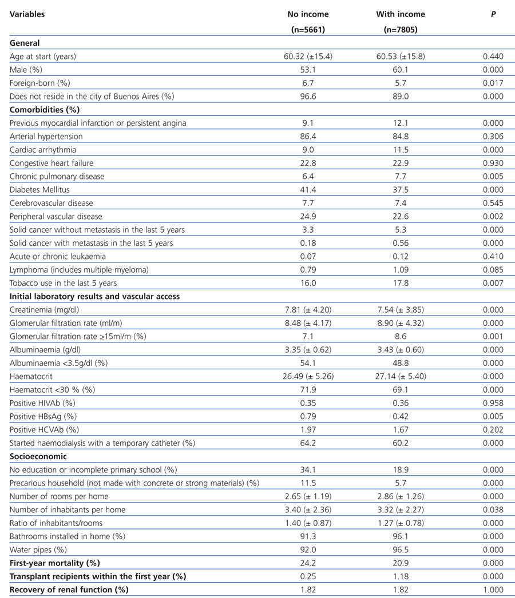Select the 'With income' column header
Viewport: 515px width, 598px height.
(401, 14)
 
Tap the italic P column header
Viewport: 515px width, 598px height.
(493, 14)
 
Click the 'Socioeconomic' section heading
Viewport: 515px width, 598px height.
(38, 457)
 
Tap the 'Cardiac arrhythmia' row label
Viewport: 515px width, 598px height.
(43, 150)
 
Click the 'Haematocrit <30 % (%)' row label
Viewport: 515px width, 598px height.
(53, 389)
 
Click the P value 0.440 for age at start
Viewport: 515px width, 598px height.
(493, 57)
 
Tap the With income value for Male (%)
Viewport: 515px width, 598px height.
(401, 70)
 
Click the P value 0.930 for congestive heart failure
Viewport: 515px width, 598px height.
(493, 163)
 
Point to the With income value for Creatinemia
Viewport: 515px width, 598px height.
(401, 310)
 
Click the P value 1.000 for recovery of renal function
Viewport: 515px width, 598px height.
(493, 589)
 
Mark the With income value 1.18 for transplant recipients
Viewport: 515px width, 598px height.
(401, 576)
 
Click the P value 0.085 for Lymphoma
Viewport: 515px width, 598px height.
(493, 269)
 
